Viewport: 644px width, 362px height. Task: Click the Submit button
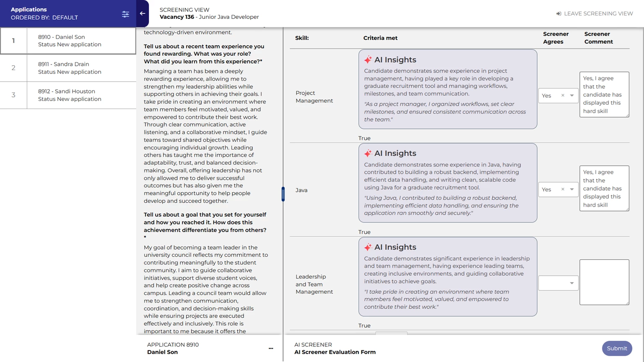pyautogui.click(x=617, y=348)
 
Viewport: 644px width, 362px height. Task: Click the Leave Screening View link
pyautogui.click(x=594, y=13)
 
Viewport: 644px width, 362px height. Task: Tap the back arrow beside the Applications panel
pyautogui.click(x=143, y=13)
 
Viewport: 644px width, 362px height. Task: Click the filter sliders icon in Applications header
pyautogui.click(x=125, y=14)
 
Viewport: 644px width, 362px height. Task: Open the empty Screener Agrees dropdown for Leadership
pyautogui.click(x=558, y=283)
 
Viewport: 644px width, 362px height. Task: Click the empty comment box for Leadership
pyautogui.click(x=604, y=282)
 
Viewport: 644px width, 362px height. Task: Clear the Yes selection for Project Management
pyautogui.click(x=563, y=96)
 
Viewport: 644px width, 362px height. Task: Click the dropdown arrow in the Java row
pyautogui.click(x=571, y=189)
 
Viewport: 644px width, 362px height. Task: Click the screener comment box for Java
pyautogui.click(x=604, y=188)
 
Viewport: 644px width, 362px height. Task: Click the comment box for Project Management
pyautogui.click(x=604, y=94)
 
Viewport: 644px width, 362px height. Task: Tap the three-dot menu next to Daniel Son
pyautogui.click(x=271, y=348)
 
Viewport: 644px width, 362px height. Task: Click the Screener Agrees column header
pyautogui.click(x=556, y=38)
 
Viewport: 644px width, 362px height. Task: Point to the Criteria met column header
pyautogui.click(x=380, y=38)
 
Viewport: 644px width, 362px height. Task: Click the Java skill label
pyautogui.click(x=301, y=190)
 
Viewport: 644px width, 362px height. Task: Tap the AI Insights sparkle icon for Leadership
pyautogui.click(x=368, y=247)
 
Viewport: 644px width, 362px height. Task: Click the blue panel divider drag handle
pyautogui.click(x=283, y=194)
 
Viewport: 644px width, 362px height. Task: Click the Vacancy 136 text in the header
pyautogui.click(x=177, y=17)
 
